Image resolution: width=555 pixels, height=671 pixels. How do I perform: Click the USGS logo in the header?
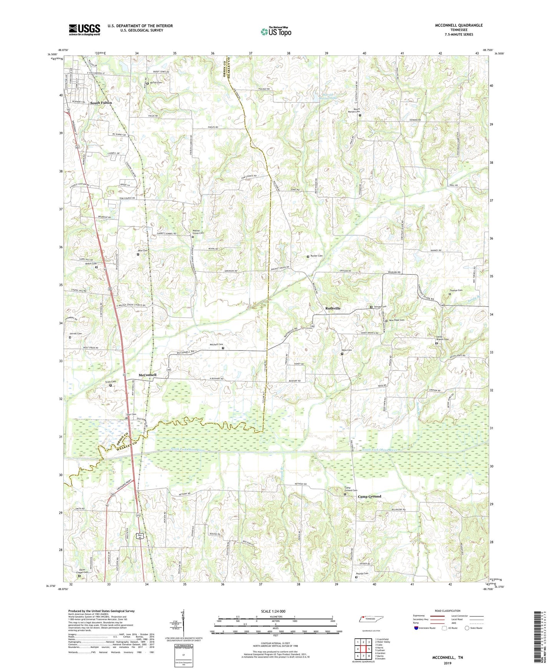click(x=84, y=30)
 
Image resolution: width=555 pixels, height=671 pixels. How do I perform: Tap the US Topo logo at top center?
click(x=275, y=32)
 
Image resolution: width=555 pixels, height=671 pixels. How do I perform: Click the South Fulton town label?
click(x=101, y=103)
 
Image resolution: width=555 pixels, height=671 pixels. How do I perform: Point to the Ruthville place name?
click(x=333, y=308)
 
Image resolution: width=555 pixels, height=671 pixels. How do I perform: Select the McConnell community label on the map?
click(x=147, y=375)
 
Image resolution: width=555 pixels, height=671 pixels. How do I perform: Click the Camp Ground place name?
click(x=369, y=497)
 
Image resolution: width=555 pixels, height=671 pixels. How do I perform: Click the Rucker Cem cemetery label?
click(x=316, y=256)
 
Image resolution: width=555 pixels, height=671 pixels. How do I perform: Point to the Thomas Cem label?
click(x=456, y=290)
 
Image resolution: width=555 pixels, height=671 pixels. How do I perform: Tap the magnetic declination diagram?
click(x=184, y=623)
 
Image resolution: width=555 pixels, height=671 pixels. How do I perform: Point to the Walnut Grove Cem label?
click(x=198, y=232)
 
